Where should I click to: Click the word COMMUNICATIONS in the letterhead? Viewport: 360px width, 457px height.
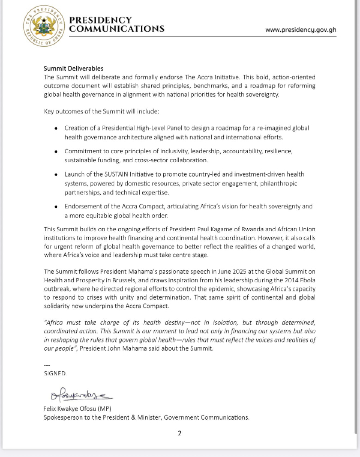116,29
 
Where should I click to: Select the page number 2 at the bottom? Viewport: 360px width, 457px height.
179,434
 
